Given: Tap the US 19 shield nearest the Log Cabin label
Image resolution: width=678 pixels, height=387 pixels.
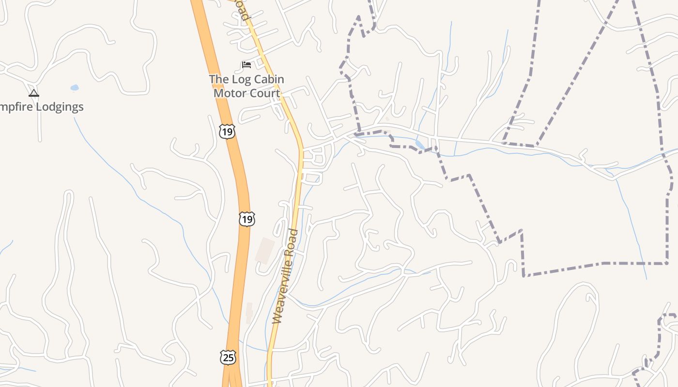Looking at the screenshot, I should pos(226,131).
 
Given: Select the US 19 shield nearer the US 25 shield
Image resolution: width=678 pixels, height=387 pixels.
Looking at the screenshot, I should pos(247,219).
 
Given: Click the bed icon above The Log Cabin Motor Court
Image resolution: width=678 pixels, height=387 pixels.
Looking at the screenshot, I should pos(247,65).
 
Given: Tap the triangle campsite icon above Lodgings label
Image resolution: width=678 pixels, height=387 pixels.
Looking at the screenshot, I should pos(33,93).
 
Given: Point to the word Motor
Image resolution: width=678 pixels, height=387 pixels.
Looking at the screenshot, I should pos(230,93).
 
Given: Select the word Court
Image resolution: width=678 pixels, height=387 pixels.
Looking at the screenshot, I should pos(264,93).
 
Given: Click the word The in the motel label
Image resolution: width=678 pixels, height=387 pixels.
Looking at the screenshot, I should pos(218,79).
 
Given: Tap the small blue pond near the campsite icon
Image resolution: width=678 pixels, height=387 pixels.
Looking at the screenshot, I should pos(75,88).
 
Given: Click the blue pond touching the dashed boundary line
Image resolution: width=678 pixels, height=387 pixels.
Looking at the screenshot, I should pos(419,144).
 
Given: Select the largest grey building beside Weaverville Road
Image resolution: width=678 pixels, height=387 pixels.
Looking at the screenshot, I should pos(264,250).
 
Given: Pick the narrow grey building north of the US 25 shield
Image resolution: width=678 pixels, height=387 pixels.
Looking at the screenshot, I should pos(249,312).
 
